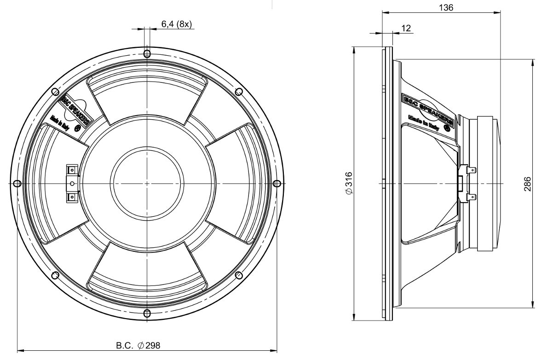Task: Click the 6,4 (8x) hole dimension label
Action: pos(176,24)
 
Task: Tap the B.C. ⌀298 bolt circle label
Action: pos(138,345)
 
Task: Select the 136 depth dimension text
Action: pos(446,8)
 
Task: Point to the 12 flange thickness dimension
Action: pos(407,28)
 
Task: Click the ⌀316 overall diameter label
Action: pos(349,183)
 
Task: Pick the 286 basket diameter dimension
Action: pos(527,184)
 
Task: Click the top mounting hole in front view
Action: pos(147,54)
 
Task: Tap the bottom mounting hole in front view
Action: pos(147,314)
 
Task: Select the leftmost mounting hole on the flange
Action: pos(16,183)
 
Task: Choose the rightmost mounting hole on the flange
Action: pos(277,183)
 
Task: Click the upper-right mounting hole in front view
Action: pos(239,91)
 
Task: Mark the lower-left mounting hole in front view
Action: pos(54,275)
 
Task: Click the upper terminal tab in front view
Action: pos(72,170)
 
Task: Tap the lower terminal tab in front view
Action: pos(72,197)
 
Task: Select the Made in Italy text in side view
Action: pos(424,122)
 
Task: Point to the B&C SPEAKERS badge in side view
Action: pos(428,108)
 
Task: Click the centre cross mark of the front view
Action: pos(147,183)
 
